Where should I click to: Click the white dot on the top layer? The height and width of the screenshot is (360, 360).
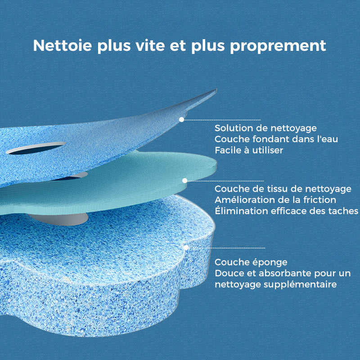tap(181, 120)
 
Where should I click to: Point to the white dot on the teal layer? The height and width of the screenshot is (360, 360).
tap(184, 180)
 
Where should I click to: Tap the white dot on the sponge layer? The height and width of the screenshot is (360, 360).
tap(185, 247)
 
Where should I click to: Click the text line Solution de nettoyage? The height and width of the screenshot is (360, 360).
tap(265, 129)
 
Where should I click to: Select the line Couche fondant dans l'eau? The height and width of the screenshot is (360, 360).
tap(276, 139)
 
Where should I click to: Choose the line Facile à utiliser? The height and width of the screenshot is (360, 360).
tap(249, 150)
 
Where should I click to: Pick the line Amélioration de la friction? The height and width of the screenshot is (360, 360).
tap(275, 200)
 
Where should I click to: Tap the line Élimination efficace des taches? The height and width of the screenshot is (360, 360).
tap(286, 211)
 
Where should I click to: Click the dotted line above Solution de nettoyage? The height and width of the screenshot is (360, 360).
tap(223, 120)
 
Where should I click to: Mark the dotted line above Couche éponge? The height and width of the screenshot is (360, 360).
tap(227, 247)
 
